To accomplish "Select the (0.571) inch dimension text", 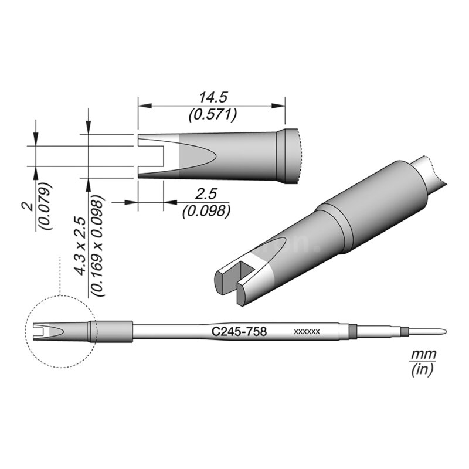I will (x=212, y=115).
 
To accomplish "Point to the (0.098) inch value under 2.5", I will (x=205, y=210).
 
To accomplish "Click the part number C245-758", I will (x=239, y=332).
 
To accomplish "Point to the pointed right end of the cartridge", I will (x=440, y=330).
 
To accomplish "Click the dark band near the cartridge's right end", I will (x=352, y=330).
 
